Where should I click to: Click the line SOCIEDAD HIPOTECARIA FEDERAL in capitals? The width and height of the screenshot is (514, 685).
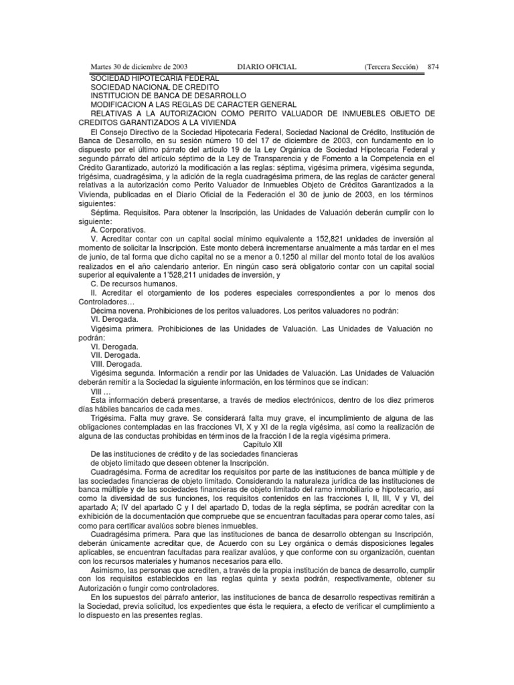155,78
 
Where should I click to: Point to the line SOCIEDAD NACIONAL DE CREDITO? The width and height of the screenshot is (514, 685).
155,87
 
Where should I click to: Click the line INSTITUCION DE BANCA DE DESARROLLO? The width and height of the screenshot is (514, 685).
169,96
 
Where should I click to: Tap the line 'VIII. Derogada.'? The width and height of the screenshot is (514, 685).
116,363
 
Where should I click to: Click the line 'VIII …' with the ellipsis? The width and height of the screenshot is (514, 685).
101,390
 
